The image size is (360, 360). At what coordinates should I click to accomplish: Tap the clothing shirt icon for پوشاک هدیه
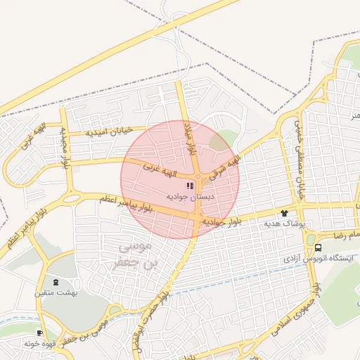tap(284, 213)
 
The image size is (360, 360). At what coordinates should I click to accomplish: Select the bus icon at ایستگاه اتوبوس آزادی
tap(319, 247)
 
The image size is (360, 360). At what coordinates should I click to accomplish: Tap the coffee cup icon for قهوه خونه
tap(39, 332)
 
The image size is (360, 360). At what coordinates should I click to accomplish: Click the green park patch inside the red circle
tap(220, 141)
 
